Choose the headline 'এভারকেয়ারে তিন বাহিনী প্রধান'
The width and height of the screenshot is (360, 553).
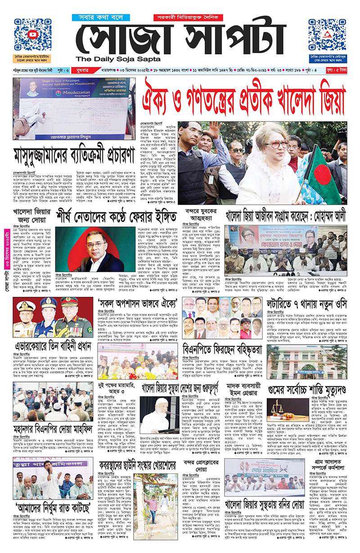click(53, 360)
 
